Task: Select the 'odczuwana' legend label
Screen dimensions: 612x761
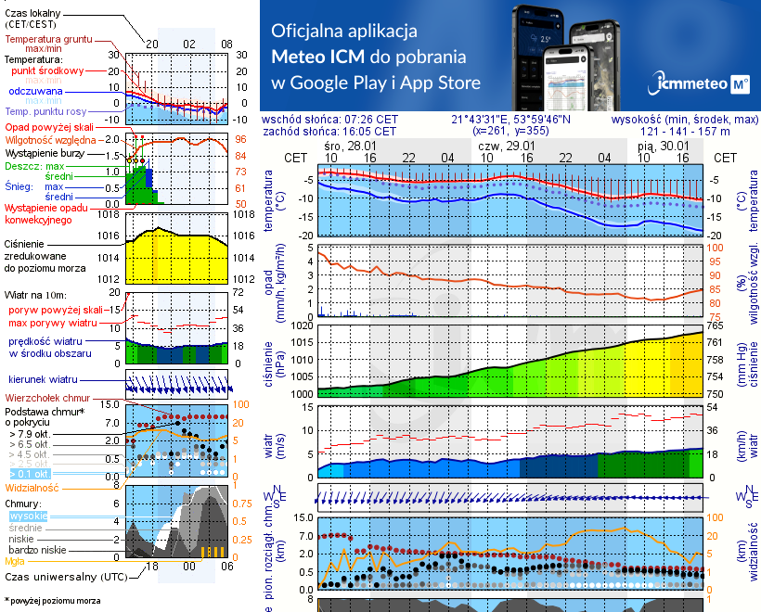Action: click(36, 92)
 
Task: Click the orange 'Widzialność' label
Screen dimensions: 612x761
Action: click(32, 486)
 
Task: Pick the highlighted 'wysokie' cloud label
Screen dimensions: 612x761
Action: click(26, 516)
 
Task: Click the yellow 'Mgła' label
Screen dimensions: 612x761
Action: click(15, 560)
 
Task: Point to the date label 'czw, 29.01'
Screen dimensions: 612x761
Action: click(507, 147)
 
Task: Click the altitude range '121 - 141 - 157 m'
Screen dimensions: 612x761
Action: click(686, 132)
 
